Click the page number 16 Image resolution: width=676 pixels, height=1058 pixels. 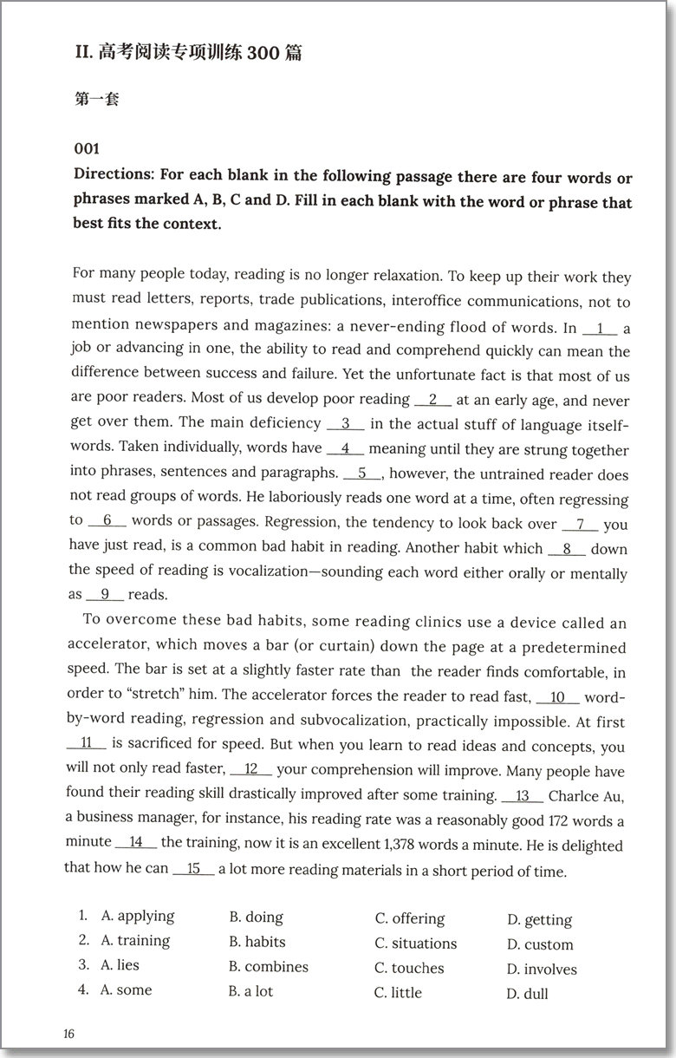[x=69, y=1034]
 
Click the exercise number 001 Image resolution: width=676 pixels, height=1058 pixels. [x=88, y=148]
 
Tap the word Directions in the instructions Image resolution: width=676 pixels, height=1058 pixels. [x=114, y=178]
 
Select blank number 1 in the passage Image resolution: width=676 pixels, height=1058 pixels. [x=600, y=329]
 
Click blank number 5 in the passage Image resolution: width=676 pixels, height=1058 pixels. [x=362, y=474]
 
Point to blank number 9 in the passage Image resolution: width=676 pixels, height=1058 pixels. [x=105, y=595]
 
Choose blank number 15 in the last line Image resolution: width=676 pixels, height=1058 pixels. [x=193, y=869]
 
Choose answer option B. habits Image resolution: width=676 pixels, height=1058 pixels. [x=257, y=942]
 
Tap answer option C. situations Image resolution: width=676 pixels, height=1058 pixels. [x=415, y=944]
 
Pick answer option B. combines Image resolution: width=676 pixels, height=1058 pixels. [x=268, y=966]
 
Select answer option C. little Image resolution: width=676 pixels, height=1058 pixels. [x=398, y=992]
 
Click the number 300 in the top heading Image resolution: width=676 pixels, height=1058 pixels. [x=263, y=54]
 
